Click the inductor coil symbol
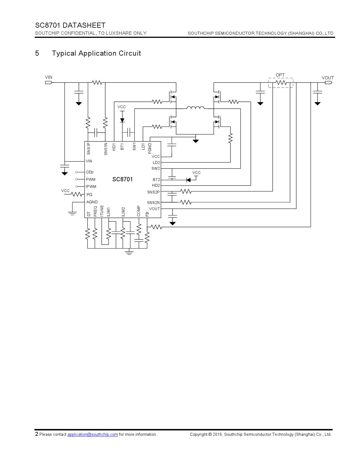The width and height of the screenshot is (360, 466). (x=195, y=108)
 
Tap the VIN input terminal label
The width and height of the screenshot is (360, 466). (x=49, y=77)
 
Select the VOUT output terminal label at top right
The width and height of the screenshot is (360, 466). (x=328, y=78)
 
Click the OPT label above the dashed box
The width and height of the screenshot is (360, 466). (x=280, y=75)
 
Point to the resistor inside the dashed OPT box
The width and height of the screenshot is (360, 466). (x=281, y=82)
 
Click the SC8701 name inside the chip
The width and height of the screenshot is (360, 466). (x=122, y=179)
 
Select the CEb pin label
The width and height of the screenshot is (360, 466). (x=90, y=172)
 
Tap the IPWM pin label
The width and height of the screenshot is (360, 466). (x=91, y=186)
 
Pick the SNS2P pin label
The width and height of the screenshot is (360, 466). (x=153, y=192)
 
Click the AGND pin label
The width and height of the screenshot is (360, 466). (x=92, y=202)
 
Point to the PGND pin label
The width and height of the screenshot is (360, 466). (x=150, y=149)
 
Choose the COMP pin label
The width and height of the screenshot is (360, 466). (x=139, y=211)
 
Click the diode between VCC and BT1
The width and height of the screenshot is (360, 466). (x=122, y=120)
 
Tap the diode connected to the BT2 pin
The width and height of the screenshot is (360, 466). (x=188, y=180)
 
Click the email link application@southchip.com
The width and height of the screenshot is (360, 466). (x=93, y=434)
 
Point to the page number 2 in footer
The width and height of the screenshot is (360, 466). (x=37, y=434)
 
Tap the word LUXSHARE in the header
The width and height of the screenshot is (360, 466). (x=119, y=33)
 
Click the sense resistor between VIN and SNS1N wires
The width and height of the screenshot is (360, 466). (x=97, y=82)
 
